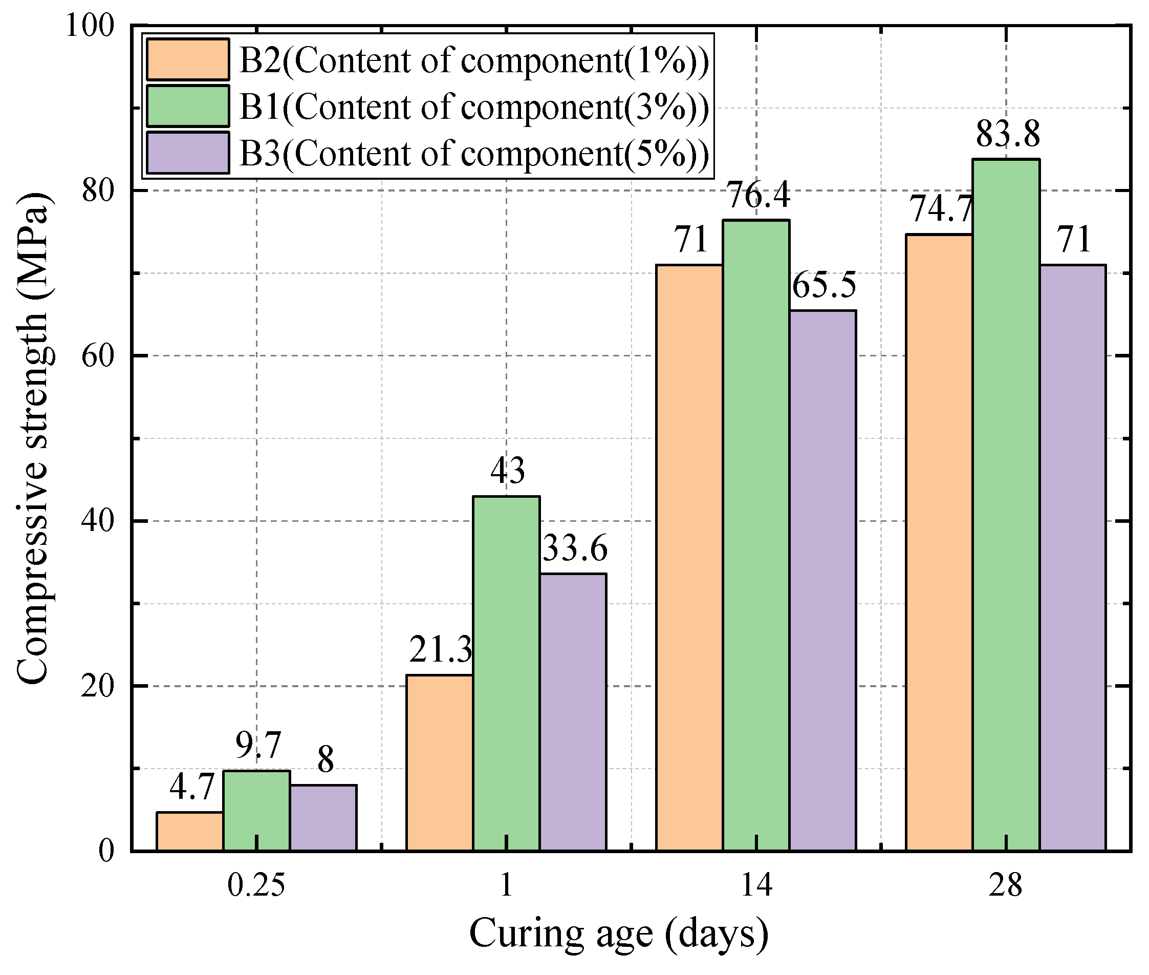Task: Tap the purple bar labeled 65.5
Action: click(822, 580)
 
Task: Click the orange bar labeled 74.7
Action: click(939, 542)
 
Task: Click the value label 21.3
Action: click(440, 650)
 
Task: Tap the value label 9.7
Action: click(258, 746)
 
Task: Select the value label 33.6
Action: click(574, 549)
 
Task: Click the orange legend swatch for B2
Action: click(188, 59)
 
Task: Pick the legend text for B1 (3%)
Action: click(474, 106)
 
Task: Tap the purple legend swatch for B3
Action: click(188, 153)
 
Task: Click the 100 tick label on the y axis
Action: click(90, 26)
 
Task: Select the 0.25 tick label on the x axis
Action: click(256, 886)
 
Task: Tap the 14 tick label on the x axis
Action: click(756, 886)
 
